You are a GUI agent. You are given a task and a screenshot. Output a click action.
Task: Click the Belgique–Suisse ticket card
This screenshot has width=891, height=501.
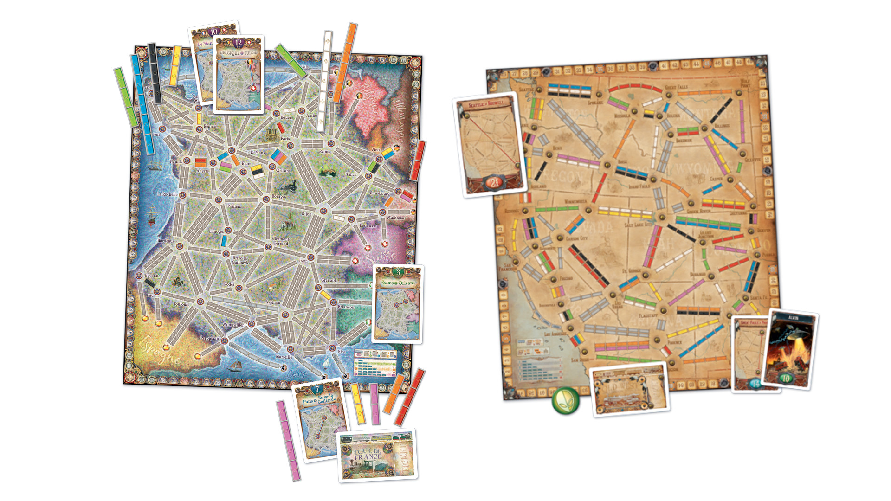click(239, 74)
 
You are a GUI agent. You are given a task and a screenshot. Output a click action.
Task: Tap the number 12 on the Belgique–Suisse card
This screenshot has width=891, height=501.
click(238, 43)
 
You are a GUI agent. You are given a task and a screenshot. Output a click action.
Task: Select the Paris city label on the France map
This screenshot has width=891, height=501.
click(285, 139)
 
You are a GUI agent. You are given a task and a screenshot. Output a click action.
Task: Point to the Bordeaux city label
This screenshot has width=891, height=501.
click(166, 241)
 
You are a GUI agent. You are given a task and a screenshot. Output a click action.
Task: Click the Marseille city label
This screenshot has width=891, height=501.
click(284, 357)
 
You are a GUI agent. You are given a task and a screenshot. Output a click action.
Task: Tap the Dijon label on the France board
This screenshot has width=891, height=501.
click(306, 214)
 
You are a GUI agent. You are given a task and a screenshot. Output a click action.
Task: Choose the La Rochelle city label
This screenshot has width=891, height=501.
click(167, 194)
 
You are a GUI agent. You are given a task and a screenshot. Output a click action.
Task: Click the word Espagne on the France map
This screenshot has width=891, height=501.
click(160, 352)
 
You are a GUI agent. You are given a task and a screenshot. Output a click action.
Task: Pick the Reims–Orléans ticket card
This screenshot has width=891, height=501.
click(398, 304)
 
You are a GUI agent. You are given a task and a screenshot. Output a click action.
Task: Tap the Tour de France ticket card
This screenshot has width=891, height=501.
click(377, 456)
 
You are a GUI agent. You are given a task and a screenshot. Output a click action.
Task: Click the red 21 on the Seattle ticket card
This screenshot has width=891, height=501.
click(494, 182)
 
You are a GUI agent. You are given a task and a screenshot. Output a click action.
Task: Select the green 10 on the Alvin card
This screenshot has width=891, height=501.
click(786, 378)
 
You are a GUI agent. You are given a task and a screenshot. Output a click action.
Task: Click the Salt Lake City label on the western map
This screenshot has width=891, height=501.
click(638, 225)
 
